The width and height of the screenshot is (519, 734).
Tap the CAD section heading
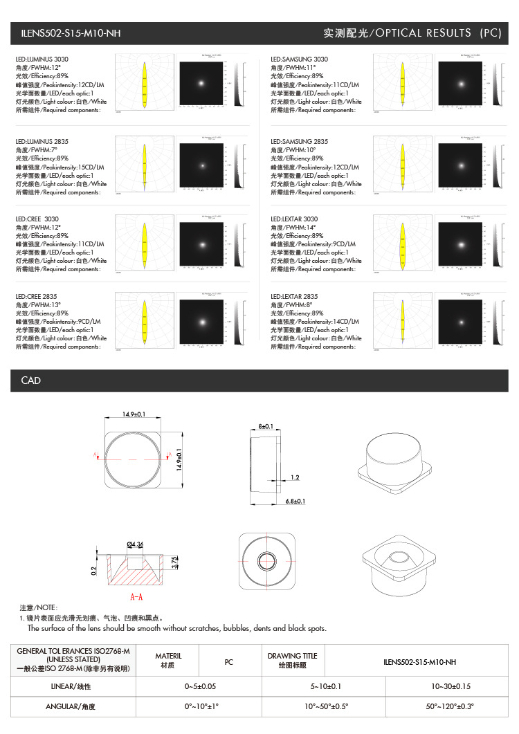31,380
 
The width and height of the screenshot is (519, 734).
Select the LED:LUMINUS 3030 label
42,59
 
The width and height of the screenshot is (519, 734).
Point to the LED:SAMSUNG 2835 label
300,142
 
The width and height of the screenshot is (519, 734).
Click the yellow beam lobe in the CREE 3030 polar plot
145,242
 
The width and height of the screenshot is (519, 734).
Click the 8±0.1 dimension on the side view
266,426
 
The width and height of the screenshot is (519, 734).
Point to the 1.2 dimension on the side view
295,477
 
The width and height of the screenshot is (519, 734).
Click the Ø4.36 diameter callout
135,545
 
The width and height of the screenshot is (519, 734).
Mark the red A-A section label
136,596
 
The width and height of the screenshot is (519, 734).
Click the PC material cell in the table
229,662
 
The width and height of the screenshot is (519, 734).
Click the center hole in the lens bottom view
266,560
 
